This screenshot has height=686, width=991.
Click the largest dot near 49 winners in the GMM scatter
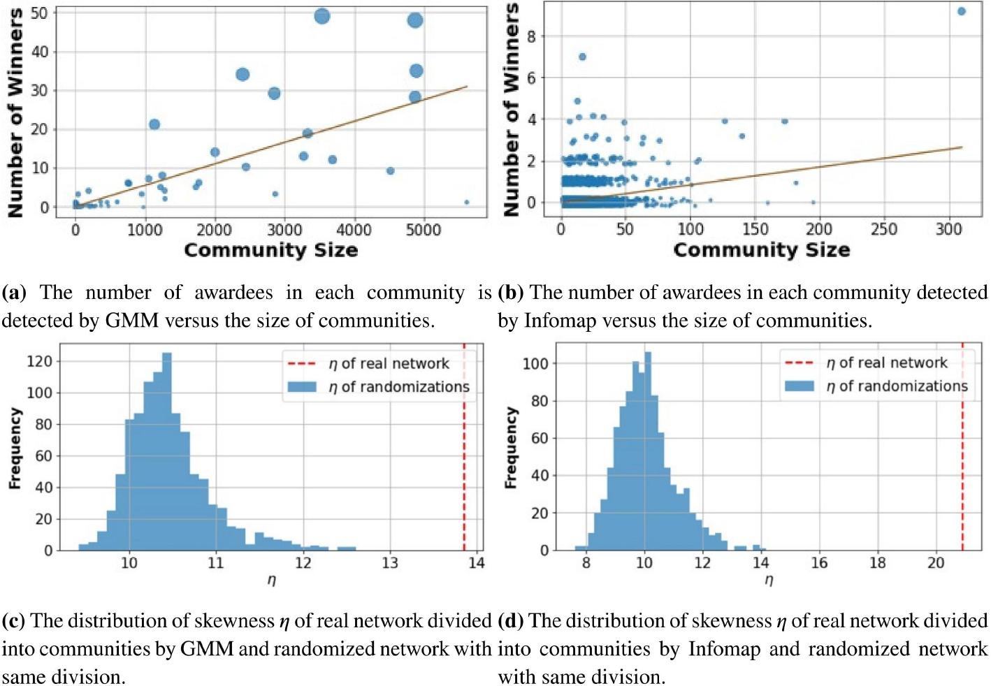(321, 16)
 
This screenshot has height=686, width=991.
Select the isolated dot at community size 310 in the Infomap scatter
(961, 11)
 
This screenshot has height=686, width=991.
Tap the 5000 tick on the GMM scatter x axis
(424, 230)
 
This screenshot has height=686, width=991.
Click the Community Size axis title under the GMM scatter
(270, 250)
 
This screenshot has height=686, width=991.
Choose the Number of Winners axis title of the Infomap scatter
(512, 110)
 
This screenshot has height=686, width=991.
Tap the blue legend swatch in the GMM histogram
(302, 387)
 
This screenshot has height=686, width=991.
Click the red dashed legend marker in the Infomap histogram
(800, 363)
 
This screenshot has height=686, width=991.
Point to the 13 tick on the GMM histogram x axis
(389, 563)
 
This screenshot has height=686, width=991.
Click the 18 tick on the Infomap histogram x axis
(877, 563)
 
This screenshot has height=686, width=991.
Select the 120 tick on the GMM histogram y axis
(39, 361)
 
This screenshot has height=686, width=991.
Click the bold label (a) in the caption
(14, 293)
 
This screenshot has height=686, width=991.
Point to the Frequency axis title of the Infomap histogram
(511, 447)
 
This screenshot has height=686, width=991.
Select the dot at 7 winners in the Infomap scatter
(582, 57)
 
